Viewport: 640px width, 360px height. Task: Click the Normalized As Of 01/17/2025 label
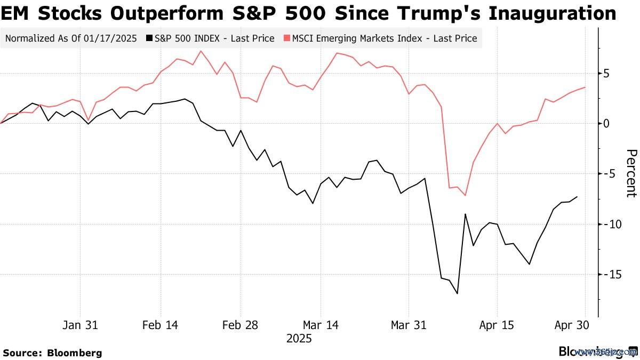click(x=71, y=38)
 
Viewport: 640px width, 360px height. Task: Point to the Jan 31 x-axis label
click(x=80, y=325)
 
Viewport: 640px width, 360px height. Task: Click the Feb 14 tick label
click(x=161, y=325)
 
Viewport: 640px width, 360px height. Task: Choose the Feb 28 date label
click(x=241, y=325)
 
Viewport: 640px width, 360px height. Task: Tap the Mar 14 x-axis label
click(x=321, y=325)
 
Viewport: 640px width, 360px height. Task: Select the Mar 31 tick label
click(x=409, y=325)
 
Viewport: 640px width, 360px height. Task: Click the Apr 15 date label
click(x=497, y=325)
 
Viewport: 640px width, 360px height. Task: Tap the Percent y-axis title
click(x=631, y=173)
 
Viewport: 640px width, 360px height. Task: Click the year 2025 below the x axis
click(x=299, y=339)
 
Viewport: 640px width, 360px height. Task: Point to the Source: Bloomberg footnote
click(x=52, y=353)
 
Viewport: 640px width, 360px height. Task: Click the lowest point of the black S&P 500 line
click(x=457, y=293)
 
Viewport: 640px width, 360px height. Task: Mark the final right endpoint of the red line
click(x=585, y=87)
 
